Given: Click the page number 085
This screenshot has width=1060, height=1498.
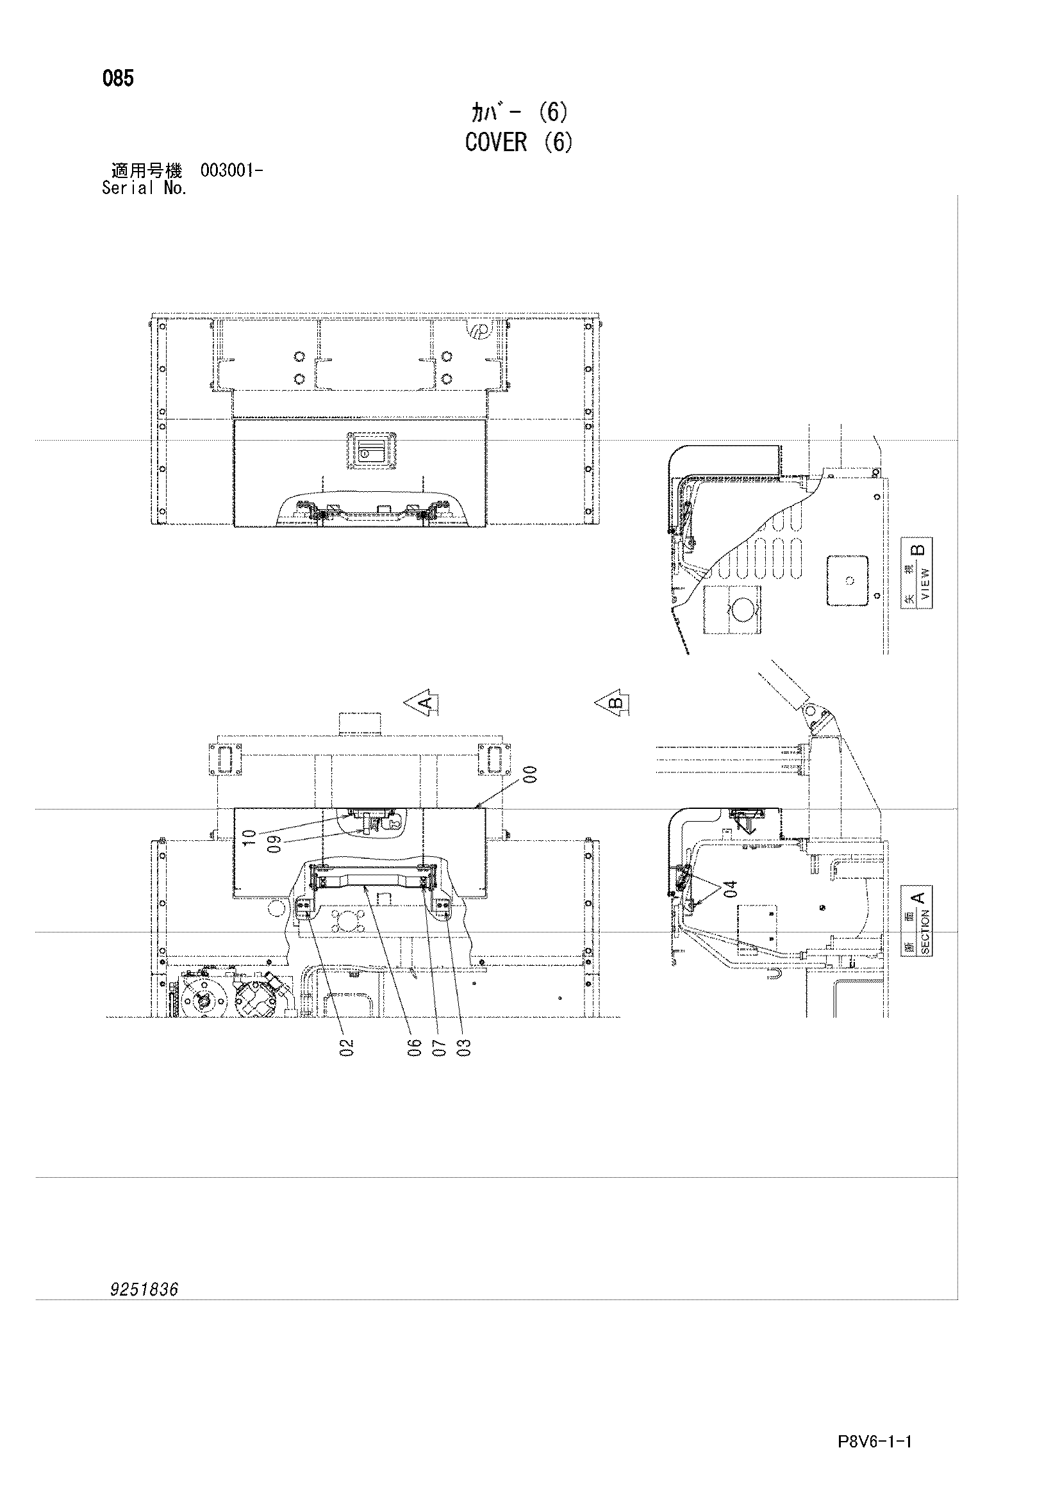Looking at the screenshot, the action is coord(118,79).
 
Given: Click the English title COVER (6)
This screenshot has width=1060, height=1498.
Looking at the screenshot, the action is coord(519,142).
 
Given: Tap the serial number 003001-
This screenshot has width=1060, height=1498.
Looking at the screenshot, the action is coord(232,171).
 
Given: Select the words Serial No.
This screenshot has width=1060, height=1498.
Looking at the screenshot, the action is coord(144,188).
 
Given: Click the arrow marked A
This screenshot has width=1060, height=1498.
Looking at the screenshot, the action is coord(421,703).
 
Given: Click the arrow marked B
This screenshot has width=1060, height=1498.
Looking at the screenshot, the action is coord(612,703).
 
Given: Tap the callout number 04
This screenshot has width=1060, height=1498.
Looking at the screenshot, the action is coord(730,890).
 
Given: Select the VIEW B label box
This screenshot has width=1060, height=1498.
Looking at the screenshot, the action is coord(916,573).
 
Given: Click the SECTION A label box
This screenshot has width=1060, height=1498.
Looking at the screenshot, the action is coord(916,920).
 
